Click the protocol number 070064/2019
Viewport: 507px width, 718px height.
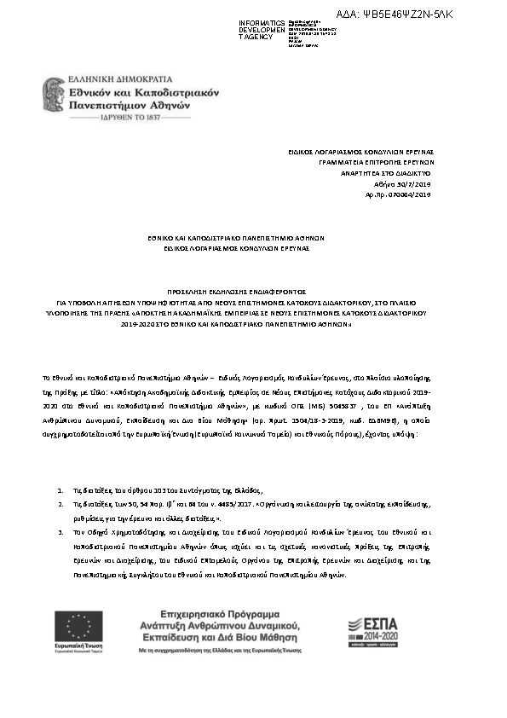point(410,194)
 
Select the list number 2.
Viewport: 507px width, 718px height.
point(59,505)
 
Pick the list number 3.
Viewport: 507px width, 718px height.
point(59,532)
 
